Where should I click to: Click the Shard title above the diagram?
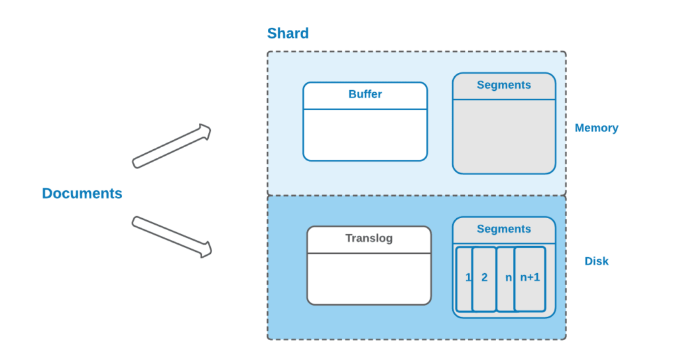[x=288, y=33]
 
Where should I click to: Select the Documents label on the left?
[x=82, y=194]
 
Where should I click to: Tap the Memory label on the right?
[x=596, y=128]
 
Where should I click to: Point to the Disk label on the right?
[x=596, y=261]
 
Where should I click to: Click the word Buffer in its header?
[x=365, y=94]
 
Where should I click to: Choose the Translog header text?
[x=369, y=238]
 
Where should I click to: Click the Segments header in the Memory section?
[x=504, y=85]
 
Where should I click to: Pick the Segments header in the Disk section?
[x=504, y=229]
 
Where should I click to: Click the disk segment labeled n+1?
[x=530, y=278]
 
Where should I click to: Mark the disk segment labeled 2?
[x=485, y=278]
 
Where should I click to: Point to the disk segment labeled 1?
[x=464, y=278]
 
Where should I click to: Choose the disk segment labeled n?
[x=506, y=278]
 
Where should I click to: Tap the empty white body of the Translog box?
[x=369, y=278]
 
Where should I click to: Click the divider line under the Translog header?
[x=369, y=253]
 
